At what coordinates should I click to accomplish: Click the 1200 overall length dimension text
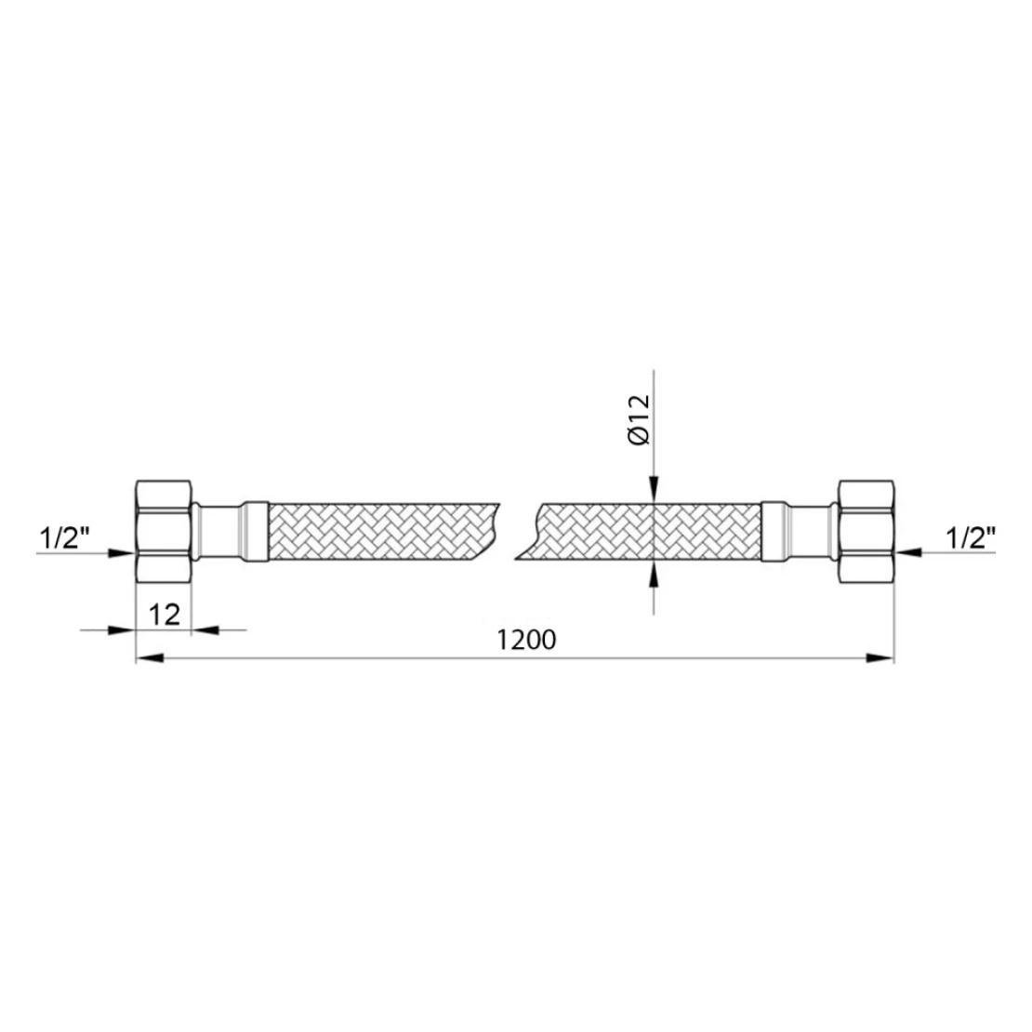tap(526, 639)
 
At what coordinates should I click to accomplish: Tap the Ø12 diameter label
tap(639, 419)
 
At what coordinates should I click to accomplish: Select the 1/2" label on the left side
tap(65, 538)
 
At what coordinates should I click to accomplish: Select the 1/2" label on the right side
tap(971, 538)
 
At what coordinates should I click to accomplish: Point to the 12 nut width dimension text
tap(164, 615)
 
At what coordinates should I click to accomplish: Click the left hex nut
tap(164, 531)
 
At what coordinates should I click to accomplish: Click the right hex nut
tap(867, 531)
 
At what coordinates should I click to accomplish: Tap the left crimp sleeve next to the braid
tap(256, 532)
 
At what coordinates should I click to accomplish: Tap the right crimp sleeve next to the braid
tap(774, 532)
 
